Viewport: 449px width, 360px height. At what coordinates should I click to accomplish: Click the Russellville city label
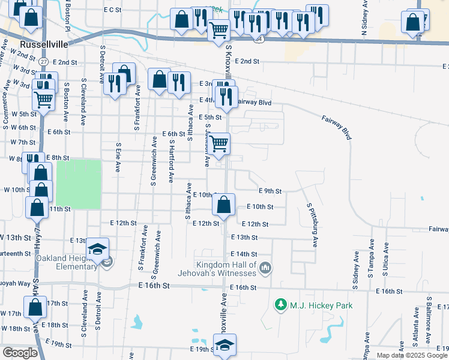click(41, 44)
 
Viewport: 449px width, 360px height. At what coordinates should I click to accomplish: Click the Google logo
click(20, 353)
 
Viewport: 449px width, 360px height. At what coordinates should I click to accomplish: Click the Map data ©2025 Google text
click(412, 355)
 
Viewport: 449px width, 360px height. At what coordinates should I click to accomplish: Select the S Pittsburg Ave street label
click(312, 225)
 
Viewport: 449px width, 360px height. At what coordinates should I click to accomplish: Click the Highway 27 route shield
click(43, 62)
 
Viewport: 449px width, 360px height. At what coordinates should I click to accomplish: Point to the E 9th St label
click(270, 191)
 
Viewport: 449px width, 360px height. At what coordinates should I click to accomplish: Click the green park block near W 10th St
click(78, 176)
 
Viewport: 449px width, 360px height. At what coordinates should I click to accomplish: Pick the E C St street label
click(112, 10)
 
